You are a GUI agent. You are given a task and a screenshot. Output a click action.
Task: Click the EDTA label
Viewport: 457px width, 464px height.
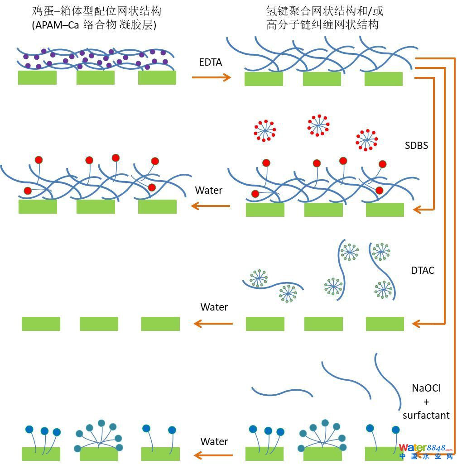tap(211, 62)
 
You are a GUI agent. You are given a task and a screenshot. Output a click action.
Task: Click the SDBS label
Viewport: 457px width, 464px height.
tap(416, 146)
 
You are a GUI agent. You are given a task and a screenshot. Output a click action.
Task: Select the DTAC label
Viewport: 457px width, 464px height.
tap(423, 271)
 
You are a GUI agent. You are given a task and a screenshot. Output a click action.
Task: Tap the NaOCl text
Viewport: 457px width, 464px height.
tap(426, 388)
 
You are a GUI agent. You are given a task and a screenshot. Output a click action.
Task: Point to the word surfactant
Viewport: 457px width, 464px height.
tap(426, 415)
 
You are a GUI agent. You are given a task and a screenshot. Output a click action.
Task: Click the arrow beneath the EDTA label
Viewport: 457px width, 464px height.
tap(212, 77)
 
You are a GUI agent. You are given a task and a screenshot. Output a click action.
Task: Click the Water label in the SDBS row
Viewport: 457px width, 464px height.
tap(209, 190)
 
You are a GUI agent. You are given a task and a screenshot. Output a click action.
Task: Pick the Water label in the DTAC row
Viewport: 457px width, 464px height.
tap(214, 307)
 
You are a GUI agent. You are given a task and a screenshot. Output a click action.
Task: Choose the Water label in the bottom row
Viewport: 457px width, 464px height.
tap(214, 441)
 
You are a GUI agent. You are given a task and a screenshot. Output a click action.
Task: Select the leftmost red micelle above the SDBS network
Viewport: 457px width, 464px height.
tap(265, 129)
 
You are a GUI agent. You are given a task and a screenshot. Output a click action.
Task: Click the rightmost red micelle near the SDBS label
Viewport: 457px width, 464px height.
tap(366, 139)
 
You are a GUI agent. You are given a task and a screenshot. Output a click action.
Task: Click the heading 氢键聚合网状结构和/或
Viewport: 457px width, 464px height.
tap(325, 11)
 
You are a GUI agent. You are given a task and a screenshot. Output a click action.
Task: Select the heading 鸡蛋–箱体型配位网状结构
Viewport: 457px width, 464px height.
tap(97, 11)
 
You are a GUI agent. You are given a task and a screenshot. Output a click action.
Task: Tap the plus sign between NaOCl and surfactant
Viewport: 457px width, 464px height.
tap(426, 402)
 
